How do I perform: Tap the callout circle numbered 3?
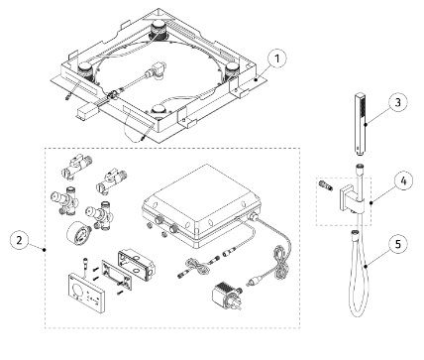point(395,103)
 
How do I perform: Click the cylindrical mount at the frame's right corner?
point(234,68)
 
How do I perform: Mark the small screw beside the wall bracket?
point(325,184)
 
